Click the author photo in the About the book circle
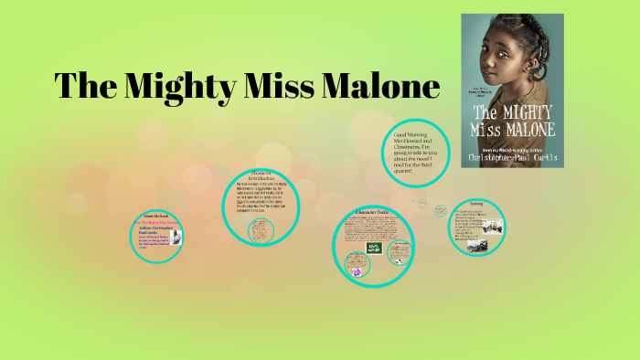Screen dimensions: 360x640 [x=176, y=238]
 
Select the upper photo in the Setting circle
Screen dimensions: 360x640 [x=490, y=222]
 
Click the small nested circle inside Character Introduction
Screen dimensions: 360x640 [x=261, y=229]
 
